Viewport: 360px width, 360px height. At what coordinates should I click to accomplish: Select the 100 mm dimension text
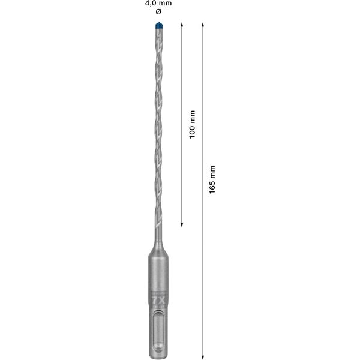click(x=192, y=125)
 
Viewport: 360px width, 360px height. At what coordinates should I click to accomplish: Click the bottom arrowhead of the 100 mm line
click(x=182, y=225)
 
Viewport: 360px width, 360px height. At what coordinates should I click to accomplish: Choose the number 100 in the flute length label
click(x=192, y=132)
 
